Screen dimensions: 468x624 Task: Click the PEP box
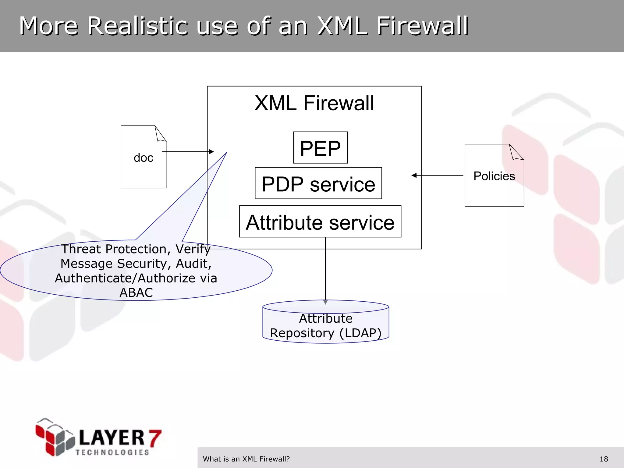(320, 148)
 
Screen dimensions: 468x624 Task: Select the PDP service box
(318, 183)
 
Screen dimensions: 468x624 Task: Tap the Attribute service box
(320, 222)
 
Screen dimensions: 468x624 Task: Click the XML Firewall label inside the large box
(314, 103)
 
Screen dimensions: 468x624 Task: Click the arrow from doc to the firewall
(188, 151)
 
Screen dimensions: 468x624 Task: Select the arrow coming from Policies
(437, 175)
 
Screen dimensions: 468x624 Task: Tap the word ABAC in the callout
(136, 292)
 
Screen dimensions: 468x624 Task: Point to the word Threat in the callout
(81, 249)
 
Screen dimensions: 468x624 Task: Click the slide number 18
(604, 459)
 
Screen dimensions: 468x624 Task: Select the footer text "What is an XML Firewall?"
(246, 459)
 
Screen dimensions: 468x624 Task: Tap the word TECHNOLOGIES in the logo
(112, 452)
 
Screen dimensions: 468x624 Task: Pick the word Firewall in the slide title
(422, 26)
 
